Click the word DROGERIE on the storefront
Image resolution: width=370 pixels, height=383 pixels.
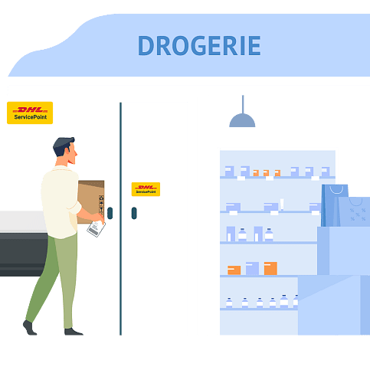[199, 45]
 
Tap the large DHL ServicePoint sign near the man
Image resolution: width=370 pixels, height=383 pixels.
[30, 113]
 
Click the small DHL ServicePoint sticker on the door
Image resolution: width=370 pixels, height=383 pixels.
[146, 189]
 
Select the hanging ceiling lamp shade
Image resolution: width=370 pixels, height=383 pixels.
[242, 120]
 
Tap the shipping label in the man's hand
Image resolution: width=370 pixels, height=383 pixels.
[96, 228]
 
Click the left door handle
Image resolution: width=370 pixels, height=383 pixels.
[110, 213]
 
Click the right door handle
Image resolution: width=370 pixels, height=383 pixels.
[134, 213]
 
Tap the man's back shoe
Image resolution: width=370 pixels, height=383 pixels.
[30, 328]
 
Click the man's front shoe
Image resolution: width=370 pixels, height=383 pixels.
[73, 332]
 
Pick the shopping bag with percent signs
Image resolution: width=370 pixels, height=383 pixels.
[355, 211]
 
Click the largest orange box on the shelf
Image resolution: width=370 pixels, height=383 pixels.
[270, 268]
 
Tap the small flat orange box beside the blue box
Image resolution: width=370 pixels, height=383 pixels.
[234, 270]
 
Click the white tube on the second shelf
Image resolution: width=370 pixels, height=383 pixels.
[282, 205]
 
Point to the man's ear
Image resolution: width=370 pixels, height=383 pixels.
[67, 151]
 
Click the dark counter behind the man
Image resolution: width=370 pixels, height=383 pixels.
[24, 254]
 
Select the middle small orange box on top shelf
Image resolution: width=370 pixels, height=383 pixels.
[266, 173]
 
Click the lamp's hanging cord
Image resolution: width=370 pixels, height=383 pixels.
[243, 104]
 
